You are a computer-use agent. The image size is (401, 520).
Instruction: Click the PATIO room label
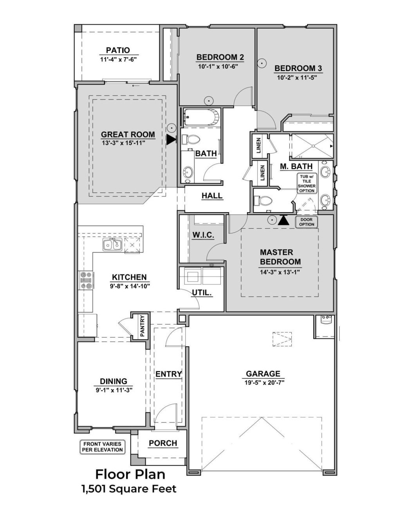pos(117,50)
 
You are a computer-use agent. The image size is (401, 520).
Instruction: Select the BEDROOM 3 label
pos(298,68)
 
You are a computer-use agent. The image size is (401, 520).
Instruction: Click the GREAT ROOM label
pos(128,135)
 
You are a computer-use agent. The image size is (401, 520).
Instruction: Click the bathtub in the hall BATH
pos(200,116)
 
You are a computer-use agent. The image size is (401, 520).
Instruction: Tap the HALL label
pos(212,196)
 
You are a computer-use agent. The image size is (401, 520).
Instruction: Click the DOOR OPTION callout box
pos(307,222)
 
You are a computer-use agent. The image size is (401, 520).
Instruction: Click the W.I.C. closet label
pos(202,235)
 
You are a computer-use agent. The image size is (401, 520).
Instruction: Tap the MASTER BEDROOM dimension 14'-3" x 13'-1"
pos(280,272)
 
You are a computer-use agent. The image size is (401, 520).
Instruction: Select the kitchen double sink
pos(113,245)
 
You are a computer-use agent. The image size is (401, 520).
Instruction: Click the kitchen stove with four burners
pos(87,280)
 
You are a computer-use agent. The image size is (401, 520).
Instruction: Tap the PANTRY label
pos(142,326)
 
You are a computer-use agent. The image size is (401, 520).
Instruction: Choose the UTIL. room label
pos(202,292)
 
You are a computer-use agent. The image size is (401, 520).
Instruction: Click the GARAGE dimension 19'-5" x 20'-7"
pos(264,382)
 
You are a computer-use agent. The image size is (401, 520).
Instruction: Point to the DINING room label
pos(113,381)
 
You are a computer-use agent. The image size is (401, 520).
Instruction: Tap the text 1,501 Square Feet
pos(129,489)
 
